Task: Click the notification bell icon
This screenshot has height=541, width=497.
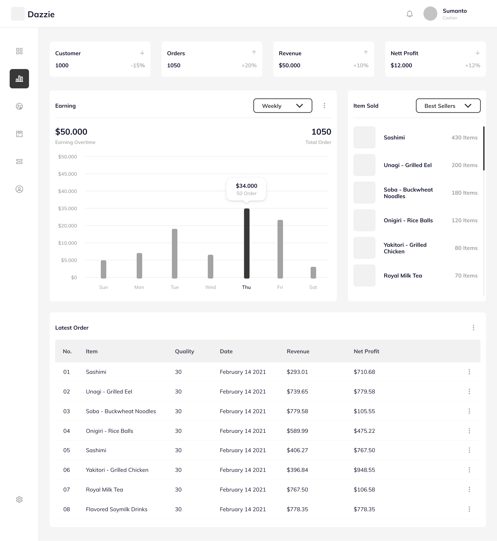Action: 409,14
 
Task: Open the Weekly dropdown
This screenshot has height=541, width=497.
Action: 283,106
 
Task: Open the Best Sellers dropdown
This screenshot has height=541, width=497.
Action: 448,106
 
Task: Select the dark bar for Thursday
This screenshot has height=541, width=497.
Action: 247,243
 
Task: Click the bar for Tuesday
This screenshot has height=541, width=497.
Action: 175,254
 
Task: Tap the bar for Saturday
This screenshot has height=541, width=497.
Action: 313,272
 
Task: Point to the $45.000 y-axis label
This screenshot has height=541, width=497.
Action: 67,174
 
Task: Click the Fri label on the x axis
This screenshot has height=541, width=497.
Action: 280,287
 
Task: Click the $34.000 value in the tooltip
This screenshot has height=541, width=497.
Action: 246,186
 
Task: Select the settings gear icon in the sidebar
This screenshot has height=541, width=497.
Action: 19,499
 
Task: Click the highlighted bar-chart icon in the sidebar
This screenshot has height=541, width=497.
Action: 19,78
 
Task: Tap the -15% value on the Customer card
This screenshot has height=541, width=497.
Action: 138,65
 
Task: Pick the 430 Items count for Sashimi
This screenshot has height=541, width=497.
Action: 465,137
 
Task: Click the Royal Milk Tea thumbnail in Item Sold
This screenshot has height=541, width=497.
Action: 364,275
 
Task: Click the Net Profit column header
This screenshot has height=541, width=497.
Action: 366,351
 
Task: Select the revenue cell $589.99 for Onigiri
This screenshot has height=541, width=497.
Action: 298,431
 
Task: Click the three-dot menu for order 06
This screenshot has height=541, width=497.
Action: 469,470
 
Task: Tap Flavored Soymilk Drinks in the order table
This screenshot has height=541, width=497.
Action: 116,509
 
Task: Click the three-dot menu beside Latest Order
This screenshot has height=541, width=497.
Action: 473,328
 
